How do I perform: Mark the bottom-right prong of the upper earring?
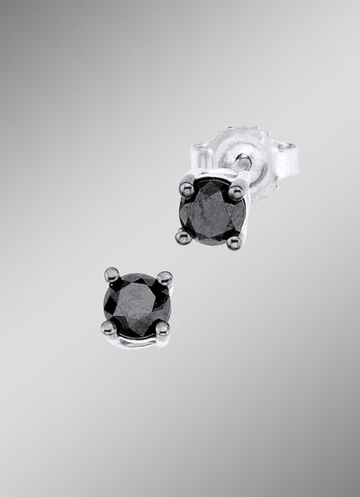coord(234,239)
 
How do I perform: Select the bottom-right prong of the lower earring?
coord(162,328)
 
